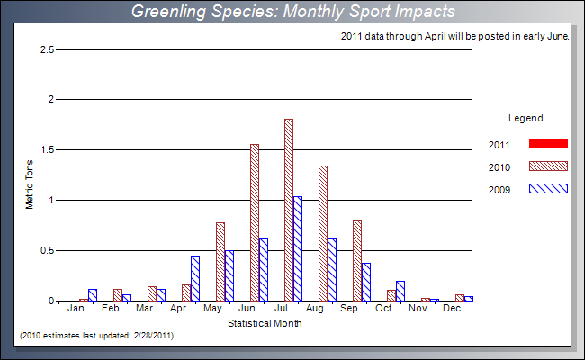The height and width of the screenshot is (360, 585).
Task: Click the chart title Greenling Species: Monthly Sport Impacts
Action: [x=292, y=12]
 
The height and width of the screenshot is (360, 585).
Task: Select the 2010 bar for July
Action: [x=289, y=210]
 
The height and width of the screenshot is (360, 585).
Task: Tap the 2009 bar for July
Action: [x=298, y=248]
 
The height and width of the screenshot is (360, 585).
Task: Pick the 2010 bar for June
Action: [x=255, y=222]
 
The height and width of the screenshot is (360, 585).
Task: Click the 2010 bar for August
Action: [x=323, y=233]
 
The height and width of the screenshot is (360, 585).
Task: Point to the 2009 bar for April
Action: [x=195, y=278]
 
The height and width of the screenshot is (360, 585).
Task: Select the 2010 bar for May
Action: [x=220, y=261]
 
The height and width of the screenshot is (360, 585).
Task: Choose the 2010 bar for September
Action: [x=357, y=260]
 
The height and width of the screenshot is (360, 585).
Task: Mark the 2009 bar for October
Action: [x=400, y=291]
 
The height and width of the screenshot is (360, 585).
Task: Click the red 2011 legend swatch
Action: [x=549, y=144]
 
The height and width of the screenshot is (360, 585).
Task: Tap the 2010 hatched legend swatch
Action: [x=549, y=166]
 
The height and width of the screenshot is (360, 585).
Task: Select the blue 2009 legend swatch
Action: [x=549, y=189]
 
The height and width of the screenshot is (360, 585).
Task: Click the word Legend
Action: [x=526, y=118]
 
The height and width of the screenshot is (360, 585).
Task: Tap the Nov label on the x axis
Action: [x=418, y=309]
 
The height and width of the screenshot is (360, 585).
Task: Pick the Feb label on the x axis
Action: [x=110, y=309]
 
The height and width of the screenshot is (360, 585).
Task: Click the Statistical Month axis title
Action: [x=265, y=323]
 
